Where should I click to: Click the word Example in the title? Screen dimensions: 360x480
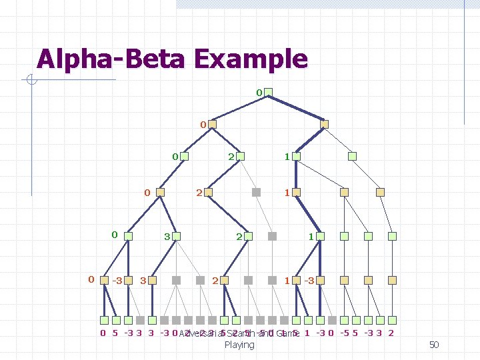(x=251, y=59)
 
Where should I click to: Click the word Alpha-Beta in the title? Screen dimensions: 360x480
(x=113, y=59)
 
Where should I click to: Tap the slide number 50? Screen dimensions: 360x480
(x=434, y=345)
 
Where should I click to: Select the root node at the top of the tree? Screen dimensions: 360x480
(x=269, y=92)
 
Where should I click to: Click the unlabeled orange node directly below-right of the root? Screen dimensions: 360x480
(x=324, y=124)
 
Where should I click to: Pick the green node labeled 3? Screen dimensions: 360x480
(x=177, y=236)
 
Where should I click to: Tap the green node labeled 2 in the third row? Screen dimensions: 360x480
(x=240, y=157)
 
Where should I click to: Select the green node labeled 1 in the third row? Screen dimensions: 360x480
(x=295, y=157)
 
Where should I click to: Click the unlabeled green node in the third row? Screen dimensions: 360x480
(x=353, y=157)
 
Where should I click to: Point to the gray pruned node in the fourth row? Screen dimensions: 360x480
(x=256, y=193)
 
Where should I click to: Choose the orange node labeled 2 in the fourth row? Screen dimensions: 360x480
(x=209, y=193)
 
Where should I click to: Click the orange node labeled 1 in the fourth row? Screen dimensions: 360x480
(x=295, y=193)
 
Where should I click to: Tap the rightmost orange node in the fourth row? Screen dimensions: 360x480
(x=381, y=193)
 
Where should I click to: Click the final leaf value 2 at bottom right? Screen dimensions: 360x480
(x=391, y=333)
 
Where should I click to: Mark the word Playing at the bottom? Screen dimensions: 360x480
(x=239, y=345)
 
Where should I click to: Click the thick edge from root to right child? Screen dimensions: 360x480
(x=297, y=108)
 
